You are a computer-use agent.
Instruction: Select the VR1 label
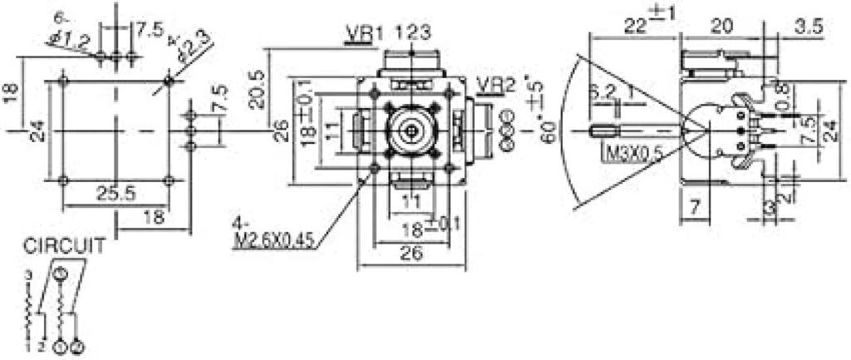(x=359, y=35)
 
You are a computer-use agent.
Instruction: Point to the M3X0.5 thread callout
(x=631, y=153)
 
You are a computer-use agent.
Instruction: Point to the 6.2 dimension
(x=603, y=93)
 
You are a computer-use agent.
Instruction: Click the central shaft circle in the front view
(x=411, y=130)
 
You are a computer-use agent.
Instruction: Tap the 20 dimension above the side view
(x=722, y=26)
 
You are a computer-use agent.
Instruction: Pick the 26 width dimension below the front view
(x=411, y=257)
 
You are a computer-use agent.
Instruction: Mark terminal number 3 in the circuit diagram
(x=27, y=274)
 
